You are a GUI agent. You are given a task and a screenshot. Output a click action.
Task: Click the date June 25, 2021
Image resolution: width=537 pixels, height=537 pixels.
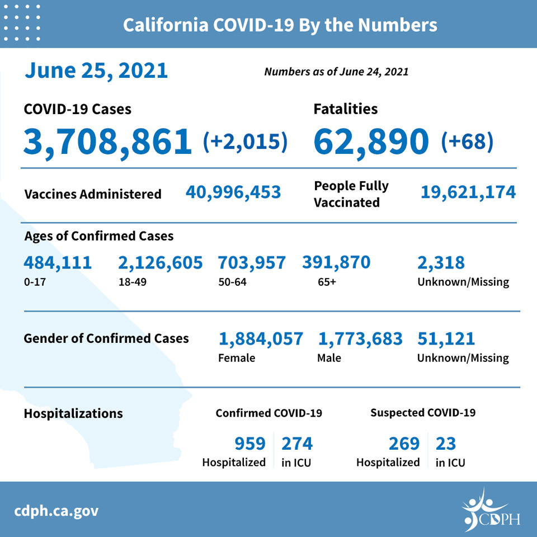pyautogui.click(x=96, y=71)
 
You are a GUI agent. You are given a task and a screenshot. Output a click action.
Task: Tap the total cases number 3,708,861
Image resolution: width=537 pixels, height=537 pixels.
pyautogui.click(x=107, y=142)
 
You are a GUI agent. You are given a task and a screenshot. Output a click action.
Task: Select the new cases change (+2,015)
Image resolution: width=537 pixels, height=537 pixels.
pyautogui.click(x=245, y=141)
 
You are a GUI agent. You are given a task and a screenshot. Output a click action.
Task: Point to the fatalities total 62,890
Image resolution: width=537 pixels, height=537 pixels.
pyautogui.click(x=371, y=142)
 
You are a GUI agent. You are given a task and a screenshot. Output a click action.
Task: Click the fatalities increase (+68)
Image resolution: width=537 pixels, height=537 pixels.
pyautogui.click(x=467, y=141)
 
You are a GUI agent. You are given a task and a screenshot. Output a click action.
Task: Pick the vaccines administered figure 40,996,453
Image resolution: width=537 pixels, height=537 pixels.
pyautogui.click(x=233, y=192)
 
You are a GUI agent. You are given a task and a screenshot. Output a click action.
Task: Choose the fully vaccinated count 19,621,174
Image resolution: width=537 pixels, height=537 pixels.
pyautogui.click(x=468, y=192)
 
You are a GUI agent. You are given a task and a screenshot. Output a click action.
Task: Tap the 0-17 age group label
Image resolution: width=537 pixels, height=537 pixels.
pyautogui.click(x=35, y=282)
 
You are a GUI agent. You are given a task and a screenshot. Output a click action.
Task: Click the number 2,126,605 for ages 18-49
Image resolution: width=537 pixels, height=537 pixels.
pyautogui.click(x=161, y=263)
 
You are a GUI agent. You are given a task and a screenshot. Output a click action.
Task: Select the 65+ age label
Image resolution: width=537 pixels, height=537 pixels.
pyautogui.click(x=327, y=282)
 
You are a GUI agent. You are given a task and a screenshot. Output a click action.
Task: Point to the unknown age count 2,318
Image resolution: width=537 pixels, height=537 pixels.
pyautogui.click(x=441, y=263)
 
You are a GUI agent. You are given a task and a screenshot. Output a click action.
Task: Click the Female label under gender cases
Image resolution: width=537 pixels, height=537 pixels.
pyautogui.click(x=237, y=358)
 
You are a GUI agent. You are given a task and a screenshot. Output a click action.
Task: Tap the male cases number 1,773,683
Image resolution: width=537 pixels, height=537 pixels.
pyautogui.click(x=360, y=339)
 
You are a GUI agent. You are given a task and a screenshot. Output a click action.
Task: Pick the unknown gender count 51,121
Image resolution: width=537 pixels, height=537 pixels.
pyautogui.click(x=446, y=339)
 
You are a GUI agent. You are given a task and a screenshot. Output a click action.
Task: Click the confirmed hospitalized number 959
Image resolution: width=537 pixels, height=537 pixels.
pyautogui.click(x=250, y=444)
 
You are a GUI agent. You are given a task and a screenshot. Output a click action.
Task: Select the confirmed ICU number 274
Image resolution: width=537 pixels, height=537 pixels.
pyautogui.click(x=297, y=444)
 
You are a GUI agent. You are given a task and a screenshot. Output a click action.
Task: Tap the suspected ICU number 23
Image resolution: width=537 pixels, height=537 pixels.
pyautogui.click(x=446, y=444)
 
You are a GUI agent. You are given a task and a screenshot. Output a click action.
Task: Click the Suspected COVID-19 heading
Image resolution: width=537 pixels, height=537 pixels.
pyautogui.click(x=423, y=413)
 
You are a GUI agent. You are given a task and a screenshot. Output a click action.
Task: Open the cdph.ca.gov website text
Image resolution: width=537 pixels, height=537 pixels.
pyautogui.click(x=56, y=511)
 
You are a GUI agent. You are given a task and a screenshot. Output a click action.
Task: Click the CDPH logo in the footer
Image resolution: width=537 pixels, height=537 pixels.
pyautogui.click(x=491, y=510)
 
